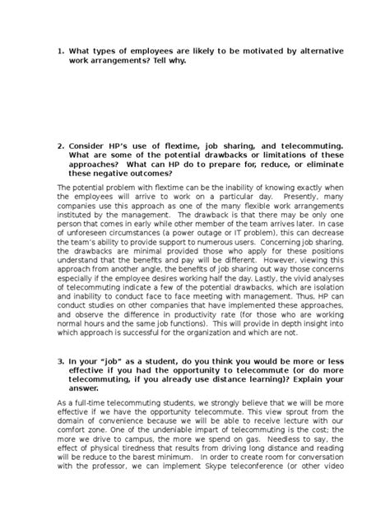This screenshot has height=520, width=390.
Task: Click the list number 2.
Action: click(x=60, y=146)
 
